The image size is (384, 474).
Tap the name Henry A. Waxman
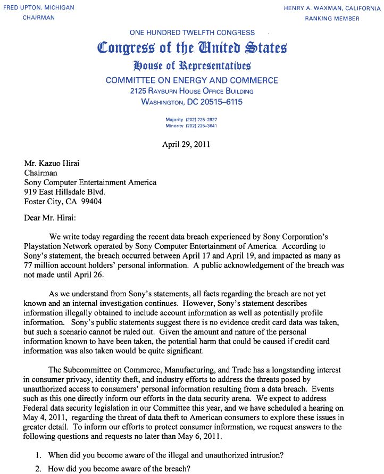tap(311, 8)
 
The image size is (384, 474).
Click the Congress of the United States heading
tap(192, 48)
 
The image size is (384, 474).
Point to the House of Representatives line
tap(192, 66)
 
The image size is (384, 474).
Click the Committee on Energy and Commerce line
tap(192, 80)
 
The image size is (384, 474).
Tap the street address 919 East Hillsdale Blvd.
tap(65, 192)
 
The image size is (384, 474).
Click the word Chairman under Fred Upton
tap(38, 18)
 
